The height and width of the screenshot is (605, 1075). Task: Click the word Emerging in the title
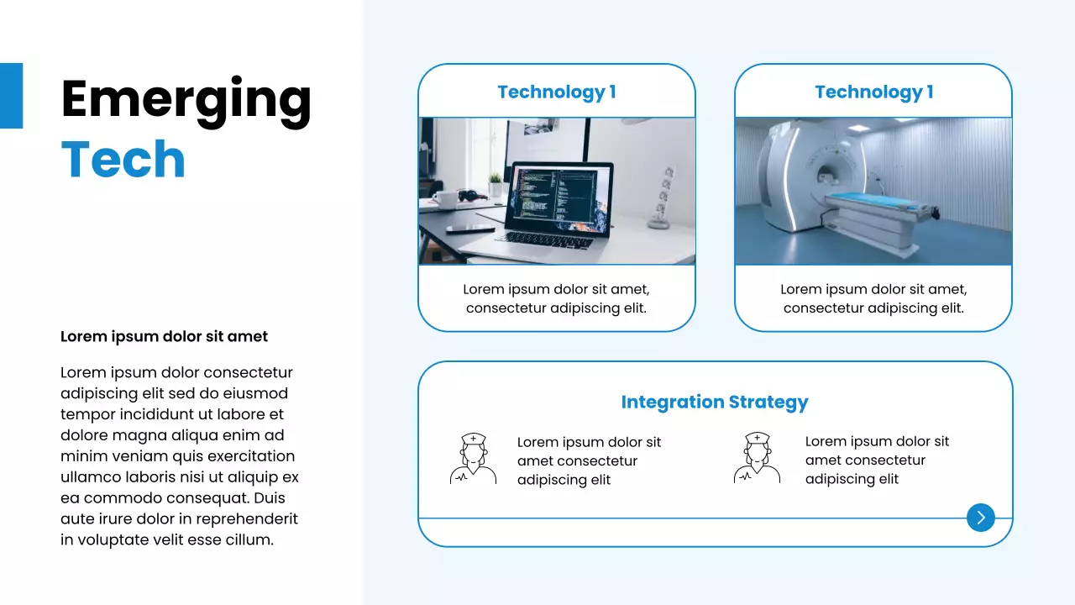pyautogui.click(x=186, y=99)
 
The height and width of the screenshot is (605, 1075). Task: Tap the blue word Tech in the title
pyautogui.click(x=123, y=159)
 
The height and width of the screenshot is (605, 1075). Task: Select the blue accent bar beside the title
pyautogui.click(x=11, y=96)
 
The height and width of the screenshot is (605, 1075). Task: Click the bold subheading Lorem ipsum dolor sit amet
pyautogui.click(x=164, y=337)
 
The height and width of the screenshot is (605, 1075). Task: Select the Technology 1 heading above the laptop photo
pyautogui.click(x=556, y=92)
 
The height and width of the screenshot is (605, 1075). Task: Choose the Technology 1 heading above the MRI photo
pyautogui.click(x=873, y=92)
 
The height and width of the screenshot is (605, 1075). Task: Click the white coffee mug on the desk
pyautogui.click(x=446, y=200)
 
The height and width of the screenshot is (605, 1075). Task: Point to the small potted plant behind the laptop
pyautogui.click(x=496, y=183)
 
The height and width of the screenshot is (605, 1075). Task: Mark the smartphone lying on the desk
pyautogui.click(x=469, y=229)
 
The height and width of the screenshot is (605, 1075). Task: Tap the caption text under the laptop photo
pyautogui.click(x=556, y=298)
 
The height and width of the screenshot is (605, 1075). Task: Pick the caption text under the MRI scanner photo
pyautogui.click(x=873, y=298)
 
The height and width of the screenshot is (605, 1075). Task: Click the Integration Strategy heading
pyautogui.click(x=714, y=402)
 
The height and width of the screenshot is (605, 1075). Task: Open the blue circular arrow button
pyautogui.click(x=980, y=518)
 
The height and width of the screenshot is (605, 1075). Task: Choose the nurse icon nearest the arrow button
pyautogui.click(x=757, y=458)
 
